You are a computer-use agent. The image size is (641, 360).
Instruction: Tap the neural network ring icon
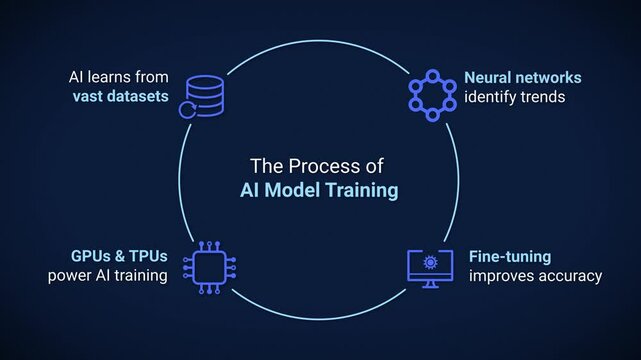(432, 95)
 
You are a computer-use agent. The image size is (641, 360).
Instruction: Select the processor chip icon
(209, 267)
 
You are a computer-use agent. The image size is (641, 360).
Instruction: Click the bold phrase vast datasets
(118, 97)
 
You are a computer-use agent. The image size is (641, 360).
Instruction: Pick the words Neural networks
(522, 77)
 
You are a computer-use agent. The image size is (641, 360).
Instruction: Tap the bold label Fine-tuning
(510, 257)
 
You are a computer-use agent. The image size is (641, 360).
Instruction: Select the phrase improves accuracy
(536, 276)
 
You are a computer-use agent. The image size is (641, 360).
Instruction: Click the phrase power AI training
(107, 276)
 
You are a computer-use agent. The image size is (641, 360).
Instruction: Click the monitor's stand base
(431, 286)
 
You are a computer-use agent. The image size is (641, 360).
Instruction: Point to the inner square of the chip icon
(209, 267)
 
